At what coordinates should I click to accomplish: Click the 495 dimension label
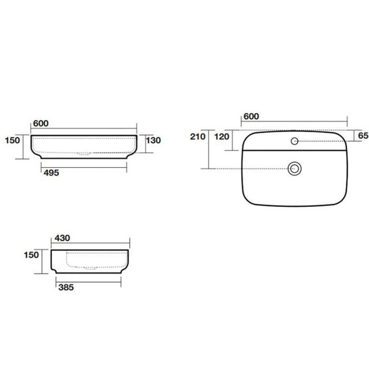(51, 173)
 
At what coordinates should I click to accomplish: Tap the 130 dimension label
(153, 140)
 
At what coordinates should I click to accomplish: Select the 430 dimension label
(62, 238)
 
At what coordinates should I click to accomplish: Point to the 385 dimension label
(66, 287)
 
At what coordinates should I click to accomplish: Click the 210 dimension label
(198, 137)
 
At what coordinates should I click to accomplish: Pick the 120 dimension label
(222, 137)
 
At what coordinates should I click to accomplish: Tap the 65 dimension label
(363, 135)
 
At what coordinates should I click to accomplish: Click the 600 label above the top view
(251, 116)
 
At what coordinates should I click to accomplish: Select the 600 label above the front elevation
(41, 123)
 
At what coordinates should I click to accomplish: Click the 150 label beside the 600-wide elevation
(13, 140)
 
